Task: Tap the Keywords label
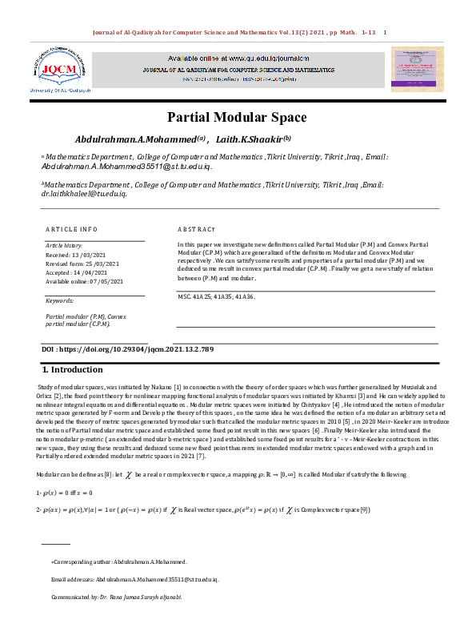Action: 59,300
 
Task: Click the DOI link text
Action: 127,350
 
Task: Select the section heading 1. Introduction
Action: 72,370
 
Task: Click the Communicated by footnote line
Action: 116,598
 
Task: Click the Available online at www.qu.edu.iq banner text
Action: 238,59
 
